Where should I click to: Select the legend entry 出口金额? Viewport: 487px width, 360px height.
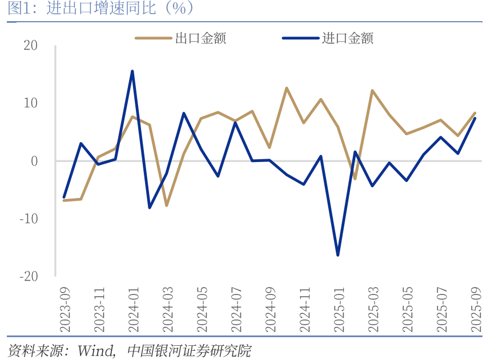coord(200,38)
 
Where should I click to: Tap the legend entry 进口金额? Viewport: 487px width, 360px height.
coord(348,38)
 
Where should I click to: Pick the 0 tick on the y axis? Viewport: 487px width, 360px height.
coord(34,161)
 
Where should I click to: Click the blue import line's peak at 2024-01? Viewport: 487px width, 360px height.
coord(132,71)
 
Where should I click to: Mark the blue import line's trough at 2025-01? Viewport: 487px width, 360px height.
coord(338,255)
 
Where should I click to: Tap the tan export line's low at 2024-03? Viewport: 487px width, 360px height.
coord(167,205)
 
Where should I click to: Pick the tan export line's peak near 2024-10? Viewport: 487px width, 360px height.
coord(286,88)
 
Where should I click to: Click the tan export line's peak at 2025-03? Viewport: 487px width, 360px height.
coord(372,91)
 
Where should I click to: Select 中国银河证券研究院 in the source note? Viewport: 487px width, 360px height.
coord(189,350)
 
